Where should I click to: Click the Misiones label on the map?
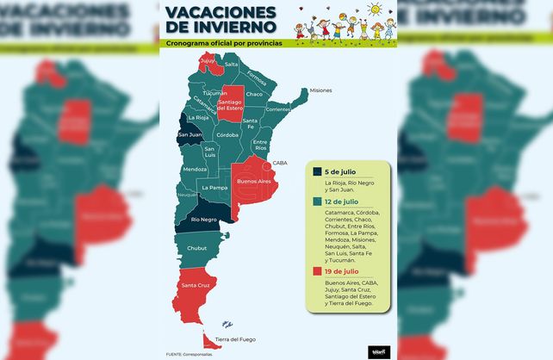click(x=320, y=90)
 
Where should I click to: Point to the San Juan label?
click(x=190, y=134)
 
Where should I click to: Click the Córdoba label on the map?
click(x=227, y=135)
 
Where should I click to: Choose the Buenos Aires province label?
click(x=253, y=183)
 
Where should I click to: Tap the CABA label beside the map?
click(x=281, y=163)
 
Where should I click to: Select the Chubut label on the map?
click(x=198, y=248)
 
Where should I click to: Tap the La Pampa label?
click(x=214, y=187)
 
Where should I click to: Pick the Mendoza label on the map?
click(x=195, y=169)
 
